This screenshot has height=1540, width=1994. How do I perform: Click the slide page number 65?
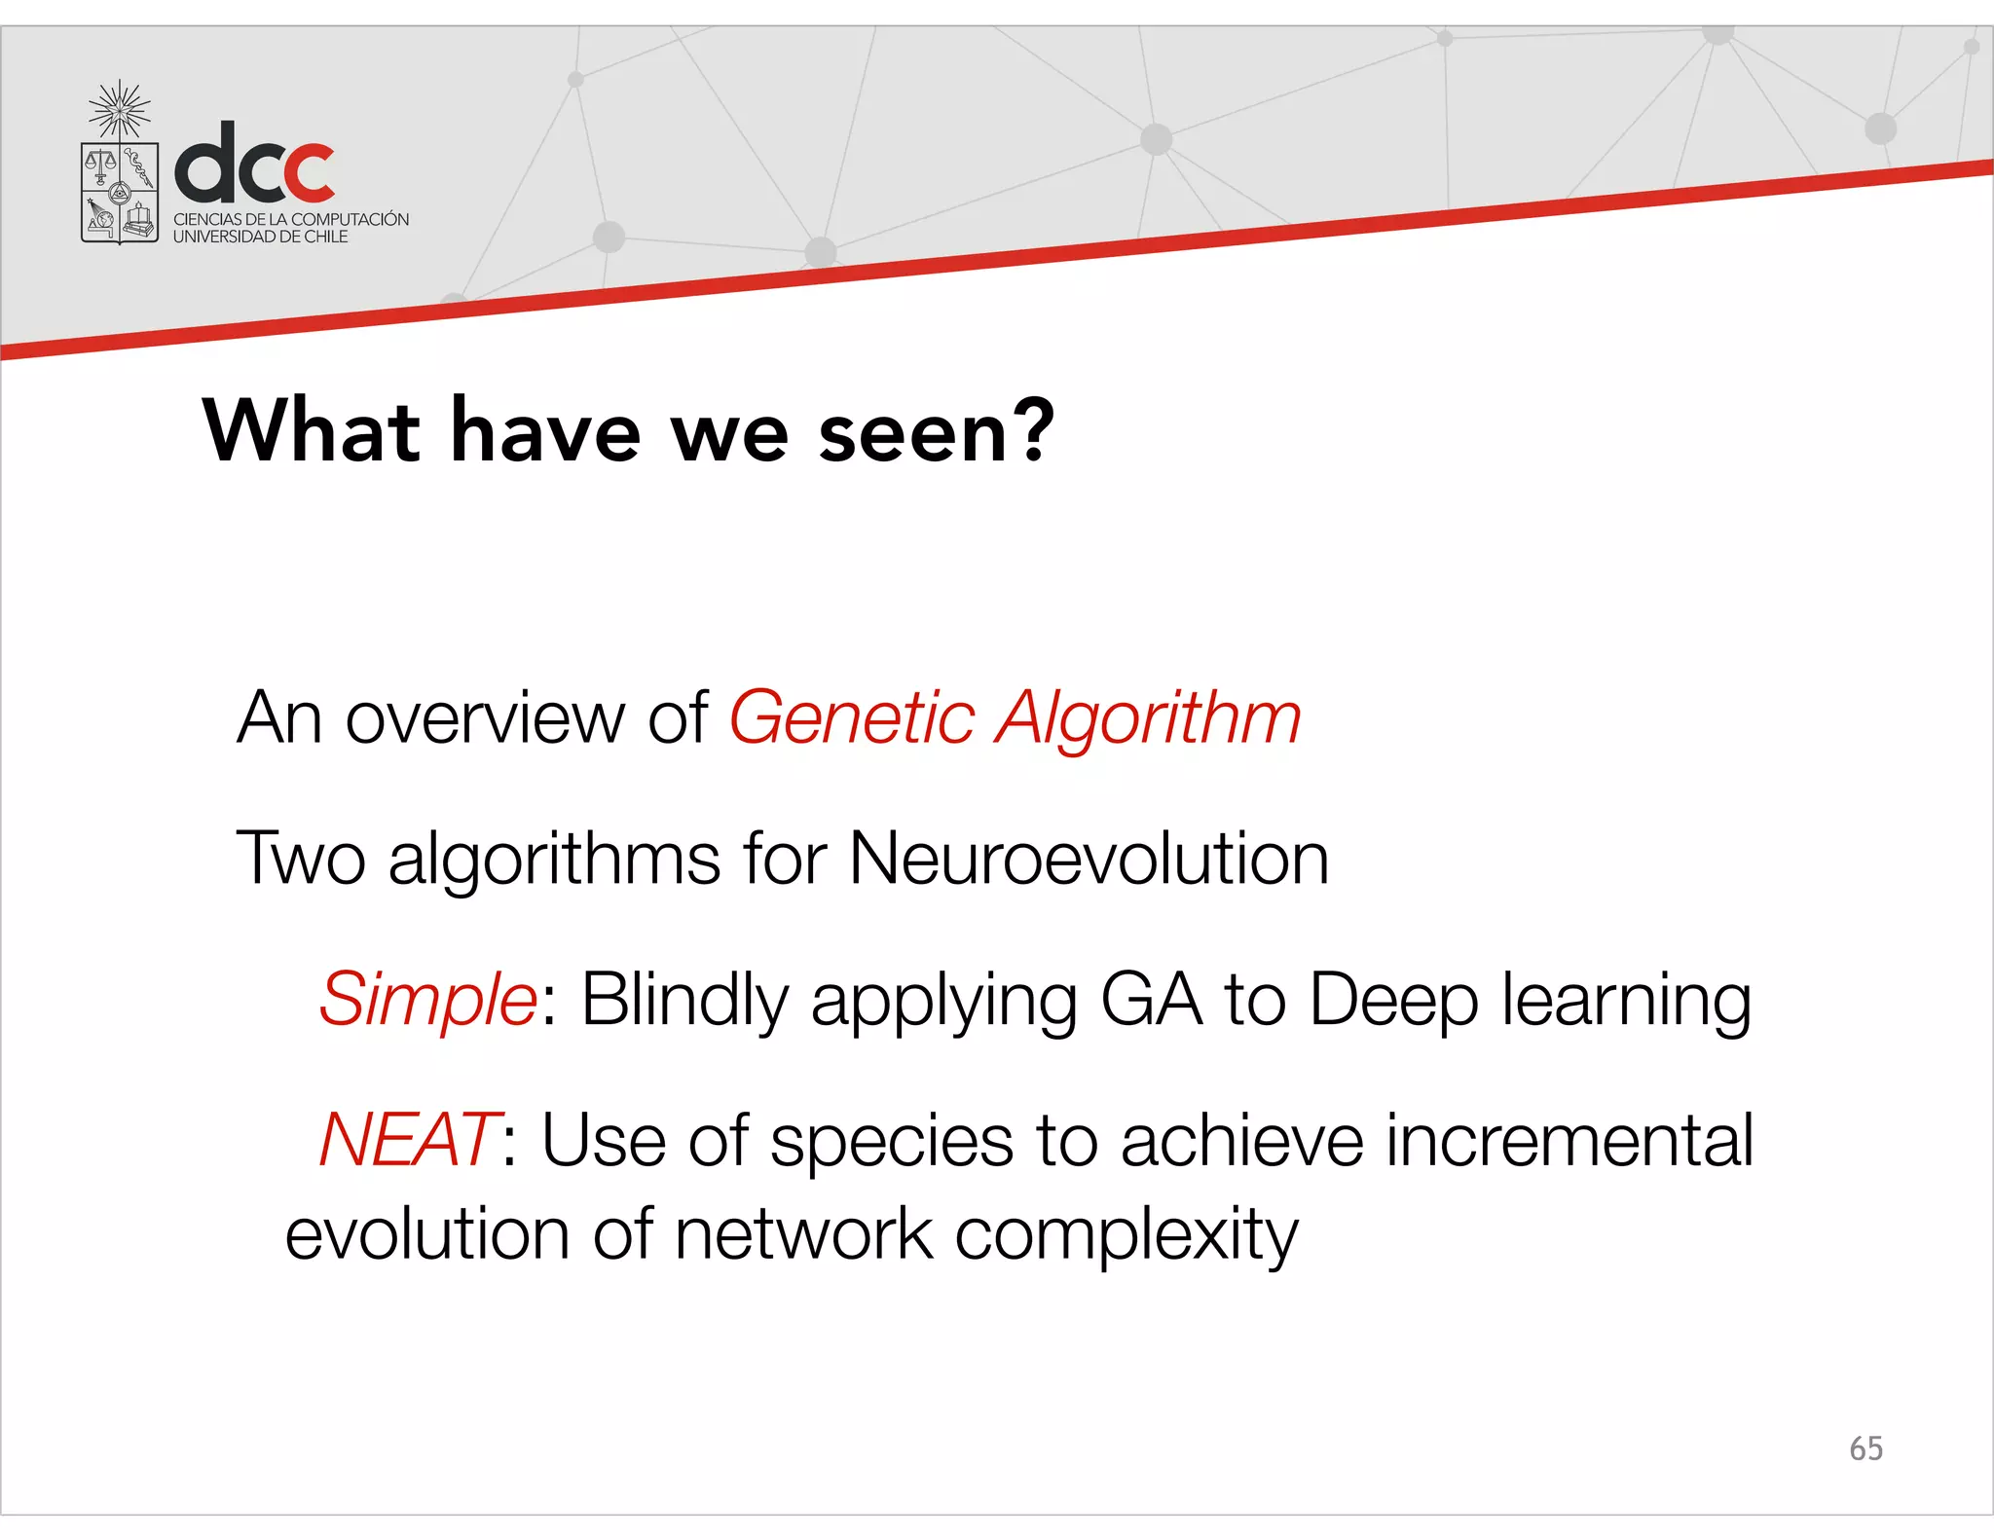click(1865, 1448)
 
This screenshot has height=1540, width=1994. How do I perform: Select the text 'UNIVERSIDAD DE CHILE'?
click(260, 237)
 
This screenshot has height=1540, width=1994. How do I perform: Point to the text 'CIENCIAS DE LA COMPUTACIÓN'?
click(291, 219)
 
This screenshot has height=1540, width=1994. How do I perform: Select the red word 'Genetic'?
click(852, 718)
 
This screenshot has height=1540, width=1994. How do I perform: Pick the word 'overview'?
click(483, 718)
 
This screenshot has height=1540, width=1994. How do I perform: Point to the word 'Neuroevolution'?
click(1089, 859)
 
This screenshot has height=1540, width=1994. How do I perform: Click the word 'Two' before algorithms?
click(301, 859)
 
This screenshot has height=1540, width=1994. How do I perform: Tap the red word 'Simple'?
click(427, 1001)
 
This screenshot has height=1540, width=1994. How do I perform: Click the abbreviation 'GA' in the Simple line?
click(1151, 1000)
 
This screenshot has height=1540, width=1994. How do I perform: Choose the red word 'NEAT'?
click(408, 1140)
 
